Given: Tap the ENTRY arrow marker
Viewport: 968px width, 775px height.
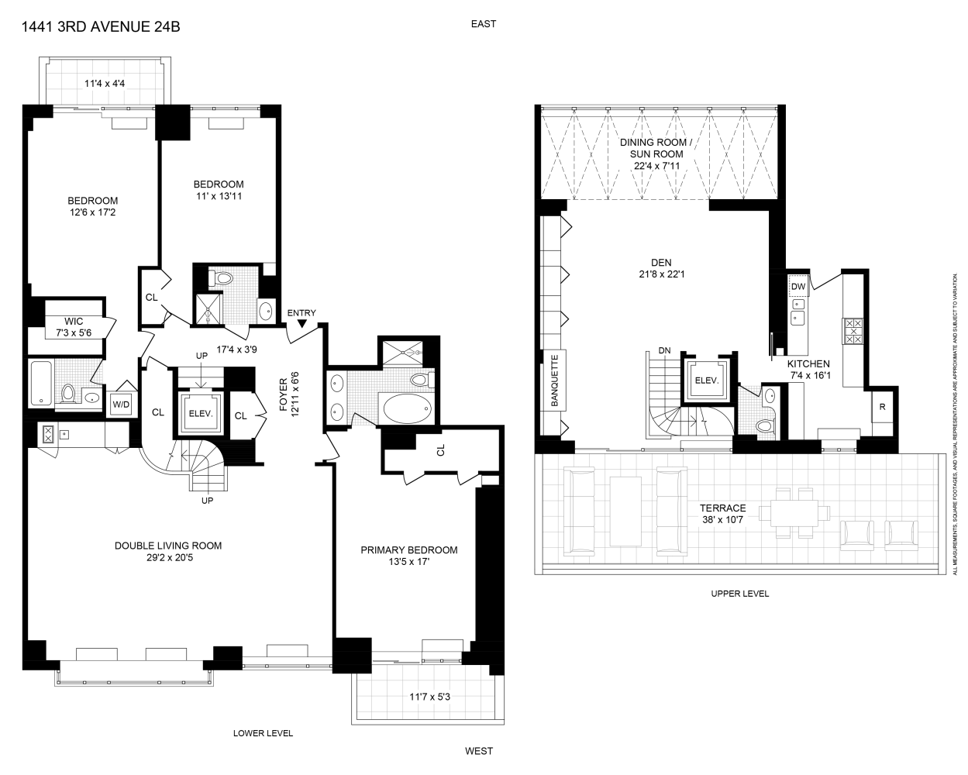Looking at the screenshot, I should coord(301,323).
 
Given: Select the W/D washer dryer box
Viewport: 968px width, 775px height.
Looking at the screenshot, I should coord(121,404).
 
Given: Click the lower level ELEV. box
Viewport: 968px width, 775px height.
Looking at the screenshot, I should coord(201,414).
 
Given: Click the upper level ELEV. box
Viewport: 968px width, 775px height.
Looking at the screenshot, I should coord(706,381).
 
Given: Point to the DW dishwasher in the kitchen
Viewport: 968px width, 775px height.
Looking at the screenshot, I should coord(798,287).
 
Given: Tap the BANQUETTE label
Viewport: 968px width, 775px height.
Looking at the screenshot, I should coord(555,381).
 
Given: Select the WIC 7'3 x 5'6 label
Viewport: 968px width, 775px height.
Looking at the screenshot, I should coord(73,326).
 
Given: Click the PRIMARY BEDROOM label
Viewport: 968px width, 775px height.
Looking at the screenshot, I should coord(408,550).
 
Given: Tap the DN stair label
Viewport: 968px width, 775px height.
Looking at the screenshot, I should coord(664,350).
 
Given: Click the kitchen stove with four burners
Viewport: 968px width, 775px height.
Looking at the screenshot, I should coord(854,330).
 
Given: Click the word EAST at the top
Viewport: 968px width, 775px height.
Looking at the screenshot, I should coord(484,24).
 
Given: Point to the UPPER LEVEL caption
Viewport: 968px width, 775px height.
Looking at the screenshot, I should coord(739,594).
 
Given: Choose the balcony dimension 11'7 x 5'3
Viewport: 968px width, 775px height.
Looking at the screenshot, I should coord(429,696).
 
